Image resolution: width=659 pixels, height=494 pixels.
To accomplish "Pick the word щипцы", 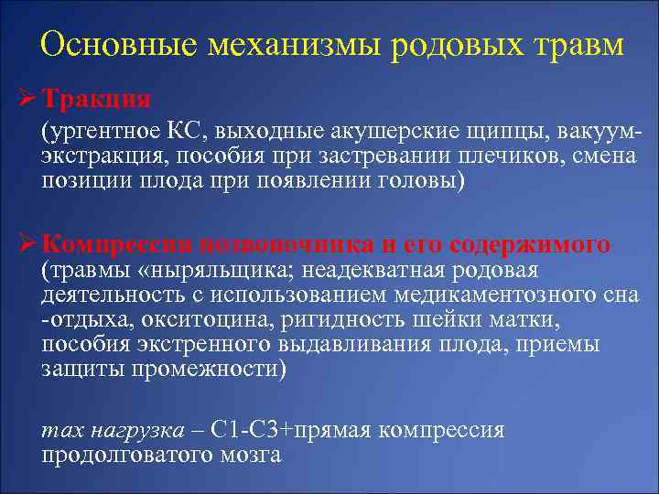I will coord(498,129).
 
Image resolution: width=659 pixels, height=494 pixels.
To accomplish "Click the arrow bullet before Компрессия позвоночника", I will coord(27,244).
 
